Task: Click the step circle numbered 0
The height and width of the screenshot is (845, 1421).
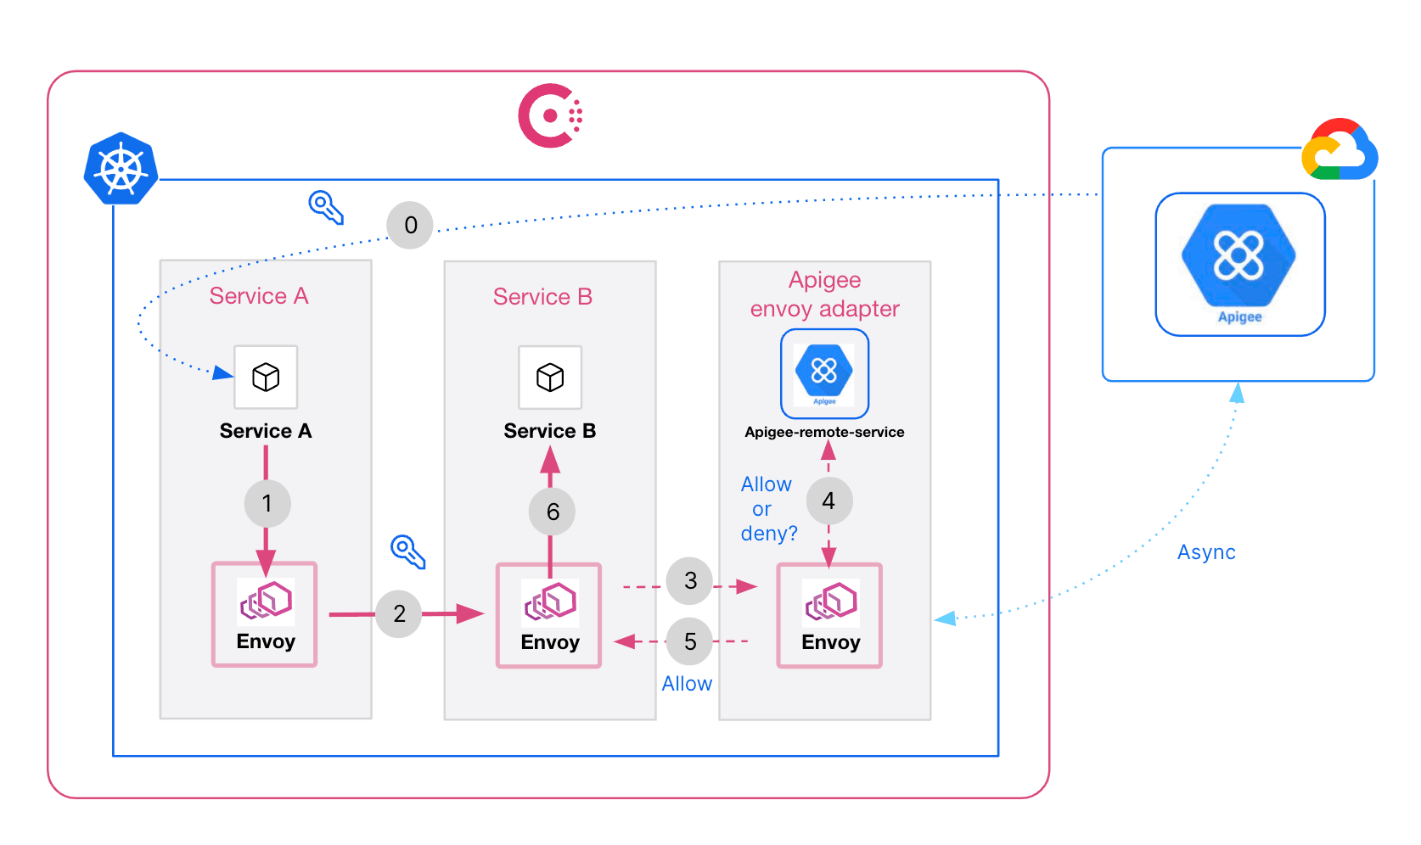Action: (410, 225)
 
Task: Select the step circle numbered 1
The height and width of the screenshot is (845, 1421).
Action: (267, 503)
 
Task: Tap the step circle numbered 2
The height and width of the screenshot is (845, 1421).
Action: (399, 613)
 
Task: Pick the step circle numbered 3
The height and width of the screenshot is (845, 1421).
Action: (690, 580)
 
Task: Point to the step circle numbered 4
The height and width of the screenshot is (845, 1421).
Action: (828, 501)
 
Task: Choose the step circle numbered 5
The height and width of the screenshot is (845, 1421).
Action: (690, 641)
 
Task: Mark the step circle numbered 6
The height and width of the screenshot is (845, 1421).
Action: (552, 512)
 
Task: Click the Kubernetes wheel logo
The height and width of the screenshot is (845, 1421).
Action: (121, 169)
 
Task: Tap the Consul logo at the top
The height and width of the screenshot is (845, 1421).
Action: (550, 115)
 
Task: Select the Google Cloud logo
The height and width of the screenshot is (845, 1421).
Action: (1339, 150)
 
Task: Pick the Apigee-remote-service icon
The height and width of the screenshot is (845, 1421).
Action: (824, 373)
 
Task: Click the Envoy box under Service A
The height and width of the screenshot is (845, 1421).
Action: (265, 614)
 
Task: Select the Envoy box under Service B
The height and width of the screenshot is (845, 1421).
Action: (549, 615)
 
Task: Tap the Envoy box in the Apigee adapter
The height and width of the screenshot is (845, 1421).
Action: (829, 615)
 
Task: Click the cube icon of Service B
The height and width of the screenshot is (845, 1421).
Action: (550, 377)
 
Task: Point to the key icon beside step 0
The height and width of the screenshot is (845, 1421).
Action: (326, 206)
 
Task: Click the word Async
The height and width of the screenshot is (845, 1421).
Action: (1205, 552)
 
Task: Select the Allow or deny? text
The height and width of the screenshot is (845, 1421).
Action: (767, 509)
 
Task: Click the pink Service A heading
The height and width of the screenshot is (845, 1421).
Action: (259, 296)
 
